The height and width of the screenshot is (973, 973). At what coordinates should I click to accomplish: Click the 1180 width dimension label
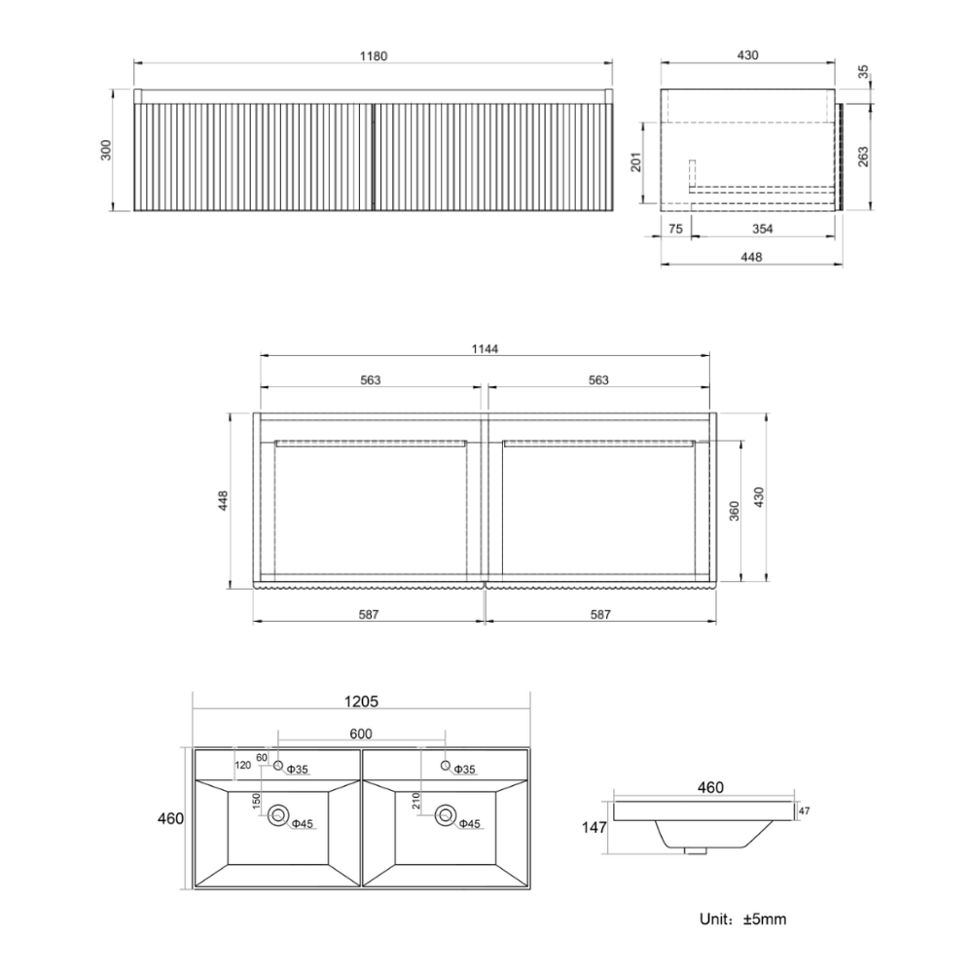[374, 56]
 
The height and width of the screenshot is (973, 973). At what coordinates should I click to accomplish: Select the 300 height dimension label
[106, 150]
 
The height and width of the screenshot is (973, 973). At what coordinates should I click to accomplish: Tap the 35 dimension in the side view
[863, 72]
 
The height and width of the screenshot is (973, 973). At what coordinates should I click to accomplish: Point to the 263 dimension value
[863, 157]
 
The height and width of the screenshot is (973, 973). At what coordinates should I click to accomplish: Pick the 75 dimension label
[676, 229]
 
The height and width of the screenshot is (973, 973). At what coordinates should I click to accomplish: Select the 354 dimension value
[763, 229]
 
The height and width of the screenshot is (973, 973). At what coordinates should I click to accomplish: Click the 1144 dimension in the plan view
[485, 349]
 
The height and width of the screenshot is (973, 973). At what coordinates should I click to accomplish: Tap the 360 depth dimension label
[735, 511]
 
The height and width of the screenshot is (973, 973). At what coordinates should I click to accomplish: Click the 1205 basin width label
[361, 702]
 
